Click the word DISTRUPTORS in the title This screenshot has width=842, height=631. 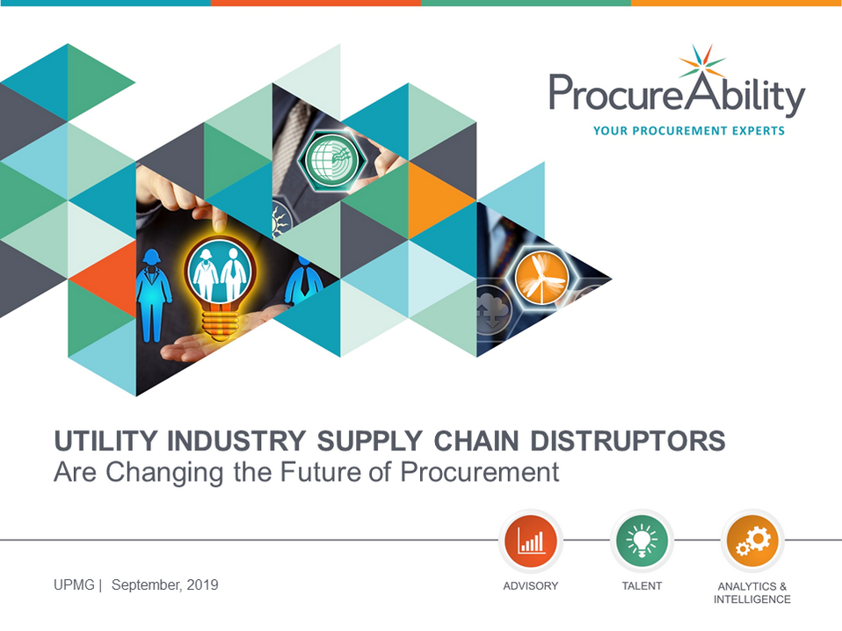coord(628,441)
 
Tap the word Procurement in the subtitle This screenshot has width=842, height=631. coord(480,473)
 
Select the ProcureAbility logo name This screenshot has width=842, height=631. coord(677,95)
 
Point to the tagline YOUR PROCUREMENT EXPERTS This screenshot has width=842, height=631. coord(689,130)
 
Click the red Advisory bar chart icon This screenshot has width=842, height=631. coord(531,540)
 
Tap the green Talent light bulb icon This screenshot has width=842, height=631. coord(642,540)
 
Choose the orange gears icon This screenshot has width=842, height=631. coord(752,540)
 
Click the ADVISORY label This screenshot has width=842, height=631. coord(531,586)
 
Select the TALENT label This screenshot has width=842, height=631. coord(642,586)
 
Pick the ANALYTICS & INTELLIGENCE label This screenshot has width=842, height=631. coord(752,592)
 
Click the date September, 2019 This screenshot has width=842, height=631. coord(165,585)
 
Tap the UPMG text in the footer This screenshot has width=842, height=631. coord(74,584)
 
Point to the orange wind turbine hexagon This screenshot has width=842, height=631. coord(541,279)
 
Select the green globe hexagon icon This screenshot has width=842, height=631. coord(332,160)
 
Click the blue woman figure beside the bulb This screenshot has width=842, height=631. coord(154,294)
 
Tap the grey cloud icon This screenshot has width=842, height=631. coord(492,310)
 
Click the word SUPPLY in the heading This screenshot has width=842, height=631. coord(369,441)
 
